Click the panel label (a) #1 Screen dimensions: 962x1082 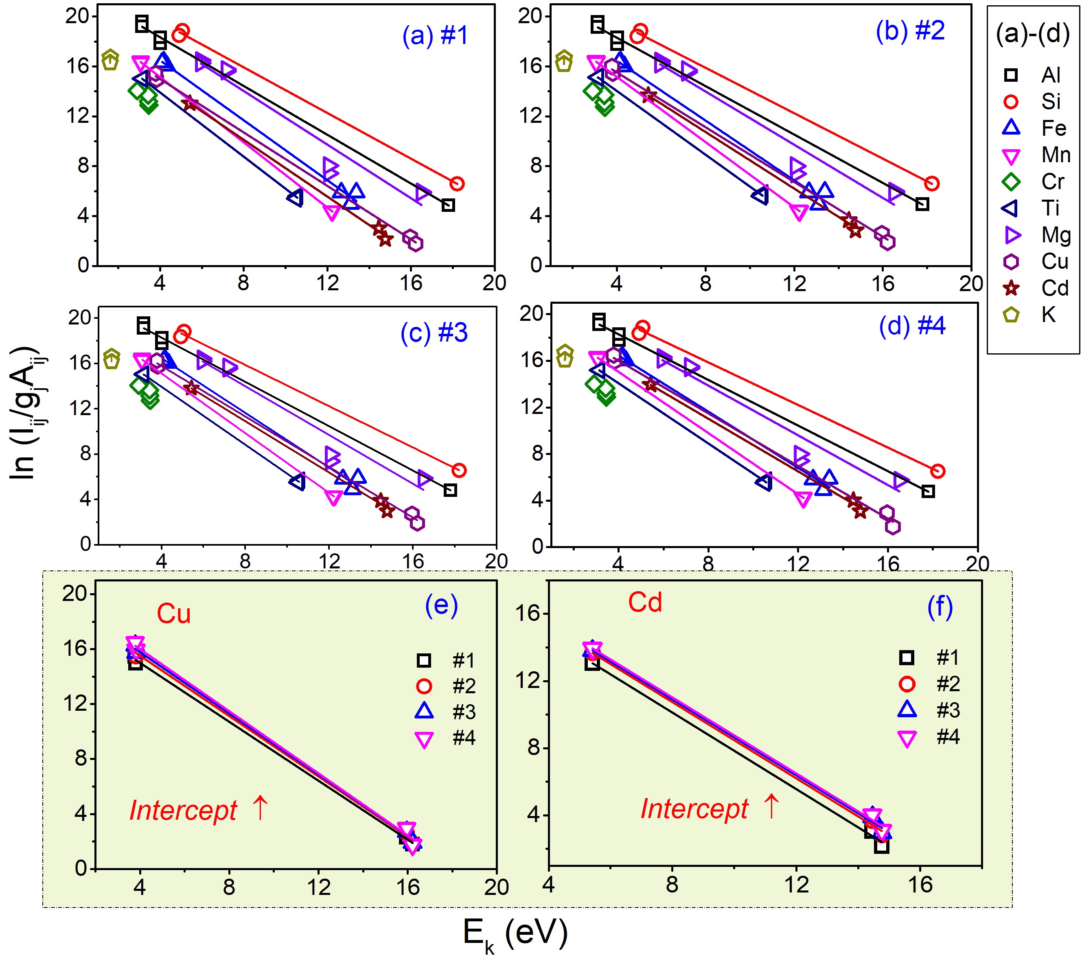(x=435, y=36)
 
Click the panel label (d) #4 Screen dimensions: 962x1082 (x=911, y=326)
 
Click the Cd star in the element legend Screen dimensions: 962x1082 (x=1011, y=288)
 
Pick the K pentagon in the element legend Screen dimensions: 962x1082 (x=1011, y=315)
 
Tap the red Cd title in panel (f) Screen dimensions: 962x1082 (x=645, y=603)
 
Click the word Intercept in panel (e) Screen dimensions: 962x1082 (x=183, y=811)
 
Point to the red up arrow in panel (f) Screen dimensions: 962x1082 (x=771, y=807)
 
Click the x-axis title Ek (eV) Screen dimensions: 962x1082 (x=515, y=933)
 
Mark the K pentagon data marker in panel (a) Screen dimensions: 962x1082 (x=110, y=60)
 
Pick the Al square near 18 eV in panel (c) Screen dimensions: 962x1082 (x=450, y=490)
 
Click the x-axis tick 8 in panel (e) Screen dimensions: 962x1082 (x=229, y=886)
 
